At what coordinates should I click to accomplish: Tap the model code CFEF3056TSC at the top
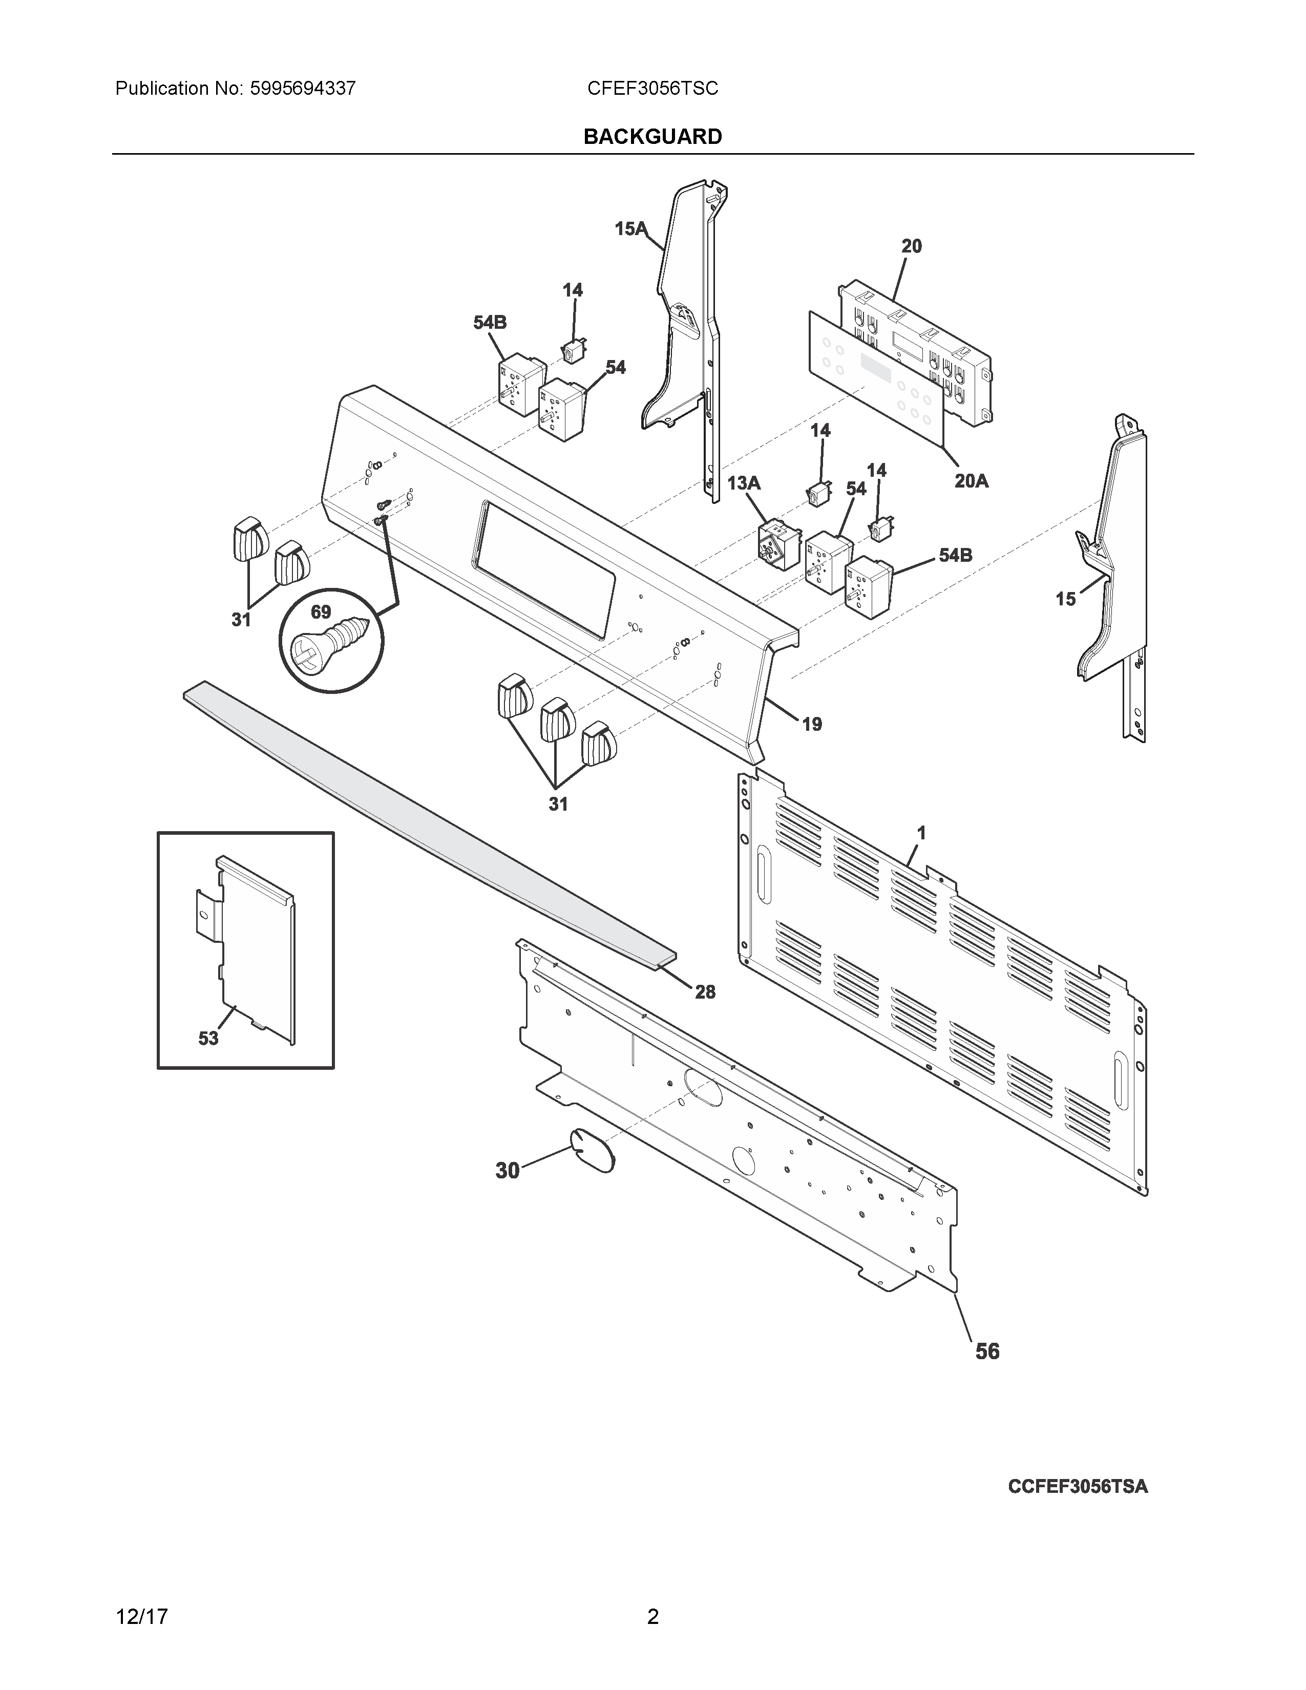(652, 88)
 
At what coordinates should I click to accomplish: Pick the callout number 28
(705, 991)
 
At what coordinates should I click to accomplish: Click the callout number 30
(508, 1171)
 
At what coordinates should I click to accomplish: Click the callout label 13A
(744, 483)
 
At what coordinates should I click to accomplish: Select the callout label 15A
(630, 228)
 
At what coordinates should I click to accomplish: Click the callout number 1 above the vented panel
(921, 833)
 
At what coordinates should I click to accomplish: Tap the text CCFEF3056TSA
(1078, 1487)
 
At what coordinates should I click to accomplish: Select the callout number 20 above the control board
(912, 246)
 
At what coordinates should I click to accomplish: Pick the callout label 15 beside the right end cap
(1065, 599)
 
